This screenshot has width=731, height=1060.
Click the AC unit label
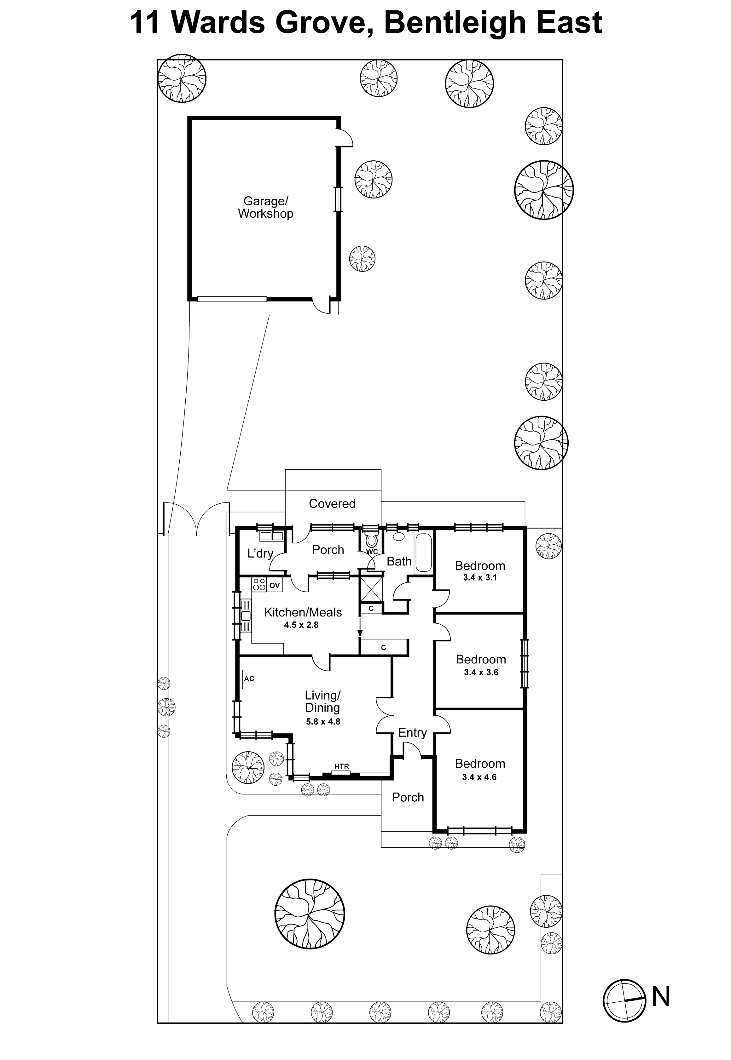tap(249, 679)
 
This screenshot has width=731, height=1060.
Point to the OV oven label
tap(274, 585)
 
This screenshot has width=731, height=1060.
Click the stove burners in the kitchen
tap(259, 584)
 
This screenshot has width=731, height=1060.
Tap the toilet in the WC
tap(371, 540)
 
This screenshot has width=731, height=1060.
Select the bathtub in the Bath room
tap(424, 553)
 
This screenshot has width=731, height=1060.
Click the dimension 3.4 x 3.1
tap(479, 578)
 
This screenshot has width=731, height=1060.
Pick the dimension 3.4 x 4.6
tap(479, 777)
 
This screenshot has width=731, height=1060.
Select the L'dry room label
tap(260, 553)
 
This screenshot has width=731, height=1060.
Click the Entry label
tap(412, 733)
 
